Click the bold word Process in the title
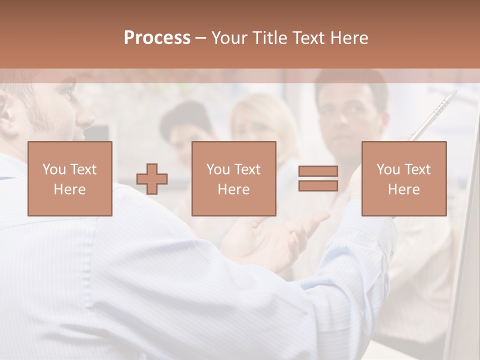coord(157,38)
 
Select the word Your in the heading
coord(228,38)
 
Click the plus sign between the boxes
coord(152,179)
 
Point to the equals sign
coord(318,178)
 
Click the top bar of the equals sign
coord(318,171)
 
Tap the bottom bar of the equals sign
coord(318,186)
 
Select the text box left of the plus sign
coord(69,178)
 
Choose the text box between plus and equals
coord(233,178)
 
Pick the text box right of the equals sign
coord(403,178)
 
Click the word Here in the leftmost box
coord(69,189)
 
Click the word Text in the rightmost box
coord(417,169)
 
